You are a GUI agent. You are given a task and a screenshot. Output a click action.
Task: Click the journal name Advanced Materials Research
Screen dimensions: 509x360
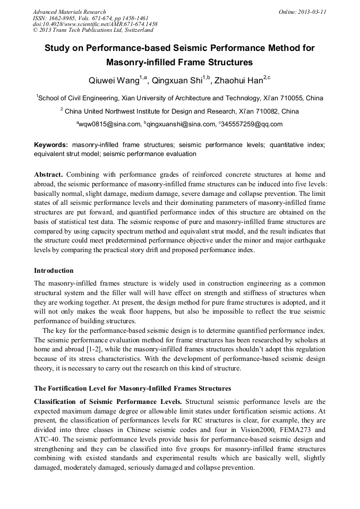tap(69, 12)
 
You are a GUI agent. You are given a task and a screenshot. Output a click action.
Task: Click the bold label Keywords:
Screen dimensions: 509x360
tap(51, 145)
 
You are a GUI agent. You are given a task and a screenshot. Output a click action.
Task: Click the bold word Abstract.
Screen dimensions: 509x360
tap(49, 175)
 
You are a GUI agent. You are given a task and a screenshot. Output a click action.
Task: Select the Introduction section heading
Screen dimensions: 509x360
tap(54, 271)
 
